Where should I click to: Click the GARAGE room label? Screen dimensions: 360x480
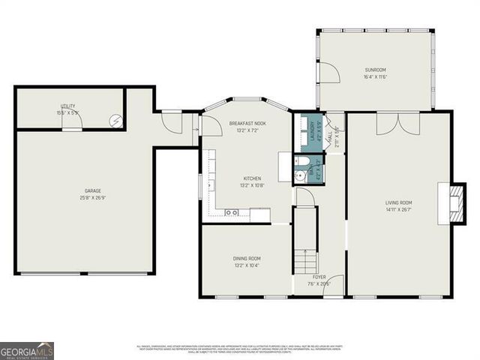point(93,191)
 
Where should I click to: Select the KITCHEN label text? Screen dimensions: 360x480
point(251,178)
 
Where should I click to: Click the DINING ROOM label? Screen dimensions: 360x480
point(246,259)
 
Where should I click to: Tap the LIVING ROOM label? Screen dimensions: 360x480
point(399,202)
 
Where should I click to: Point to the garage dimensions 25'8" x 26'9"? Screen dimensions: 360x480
point(93,198)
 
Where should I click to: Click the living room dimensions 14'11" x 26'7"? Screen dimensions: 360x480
point(399,209)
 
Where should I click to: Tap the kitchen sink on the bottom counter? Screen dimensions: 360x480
point(232,213)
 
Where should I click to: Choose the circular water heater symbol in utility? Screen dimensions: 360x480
point(115,121)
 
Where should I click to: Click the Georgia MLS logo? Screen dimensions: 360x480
point(27,350)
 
